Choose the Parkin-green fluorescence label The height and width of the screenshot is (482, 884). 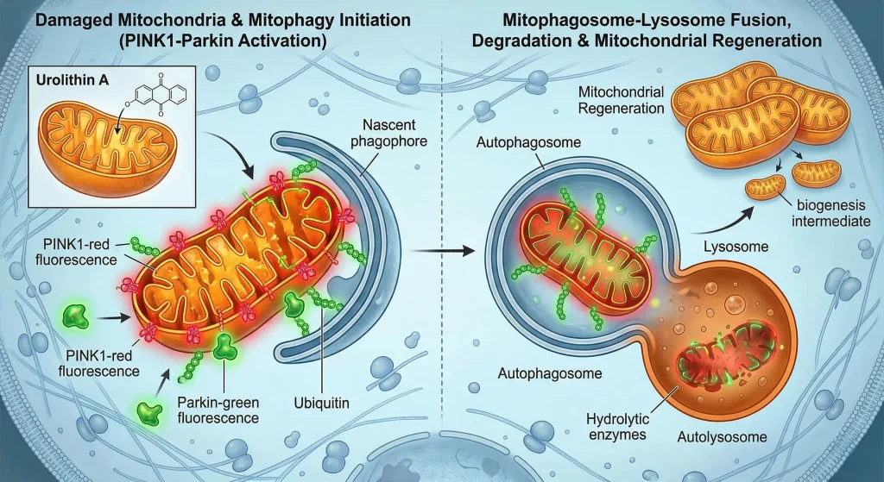(x=219, y=410)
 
